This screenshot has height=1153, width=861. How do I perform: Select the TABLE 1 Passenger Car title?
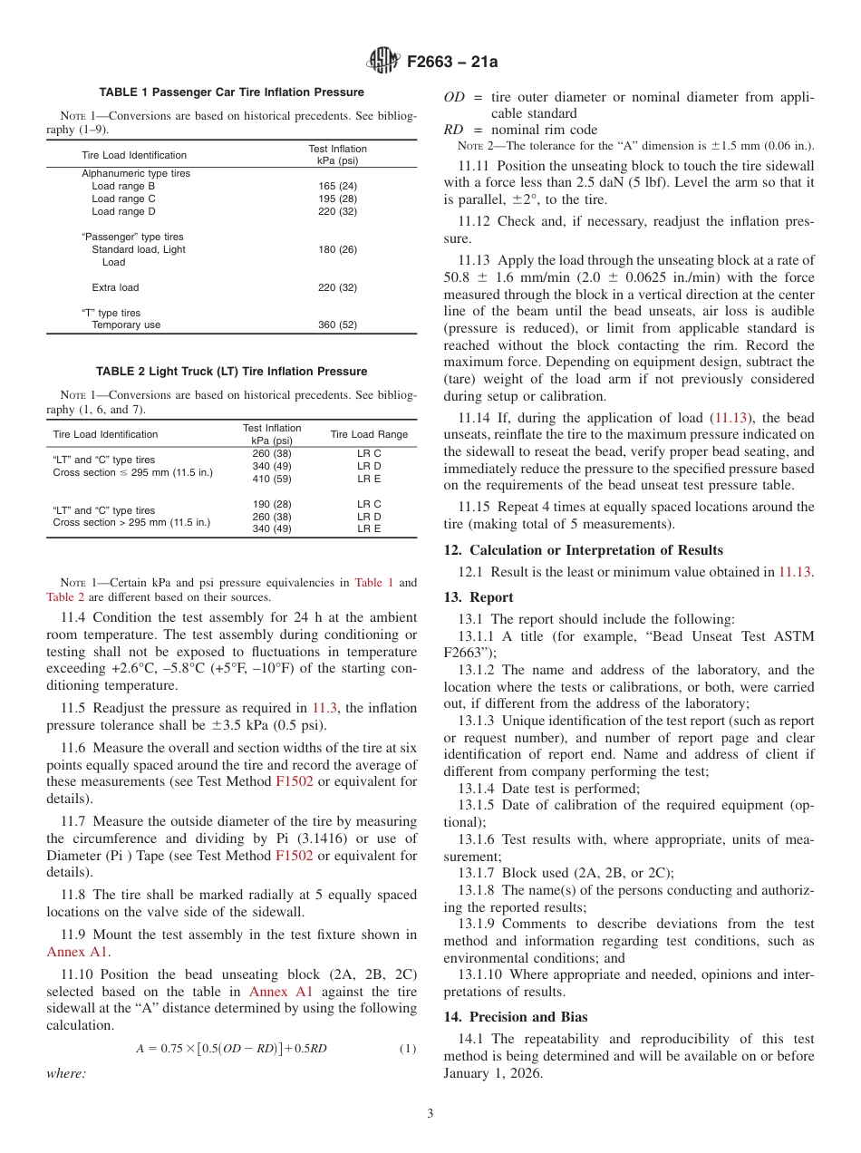(231, 92)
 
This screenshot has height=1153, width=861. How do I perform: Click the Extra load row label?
(115, 287)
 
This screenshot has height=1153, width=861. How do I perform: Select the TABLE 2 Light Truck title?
(231, 372)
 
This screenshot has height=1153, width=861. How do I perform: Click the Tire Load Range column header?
(369, 434)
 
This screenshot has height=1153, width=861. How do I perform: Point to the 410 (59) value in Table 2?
(272, 478)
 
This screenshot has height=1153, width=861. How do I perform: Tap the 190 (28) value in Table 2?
(272, 504)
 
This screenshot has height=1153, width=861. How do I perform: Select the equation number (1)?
(408, 1049)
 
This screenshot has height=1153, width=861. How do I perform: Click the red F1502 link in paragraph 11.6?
(294, 781)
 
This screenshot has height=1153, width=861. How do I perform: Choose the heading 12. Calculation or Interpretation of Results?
(584, 550)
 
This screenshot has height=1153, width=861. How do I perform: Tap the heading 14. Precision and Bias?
(516, 1017)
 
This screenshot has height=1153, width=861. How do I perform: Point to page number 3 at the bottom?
(430, 1113)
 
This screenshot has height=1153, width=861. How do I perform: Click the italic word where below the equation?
(66, 1073)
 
